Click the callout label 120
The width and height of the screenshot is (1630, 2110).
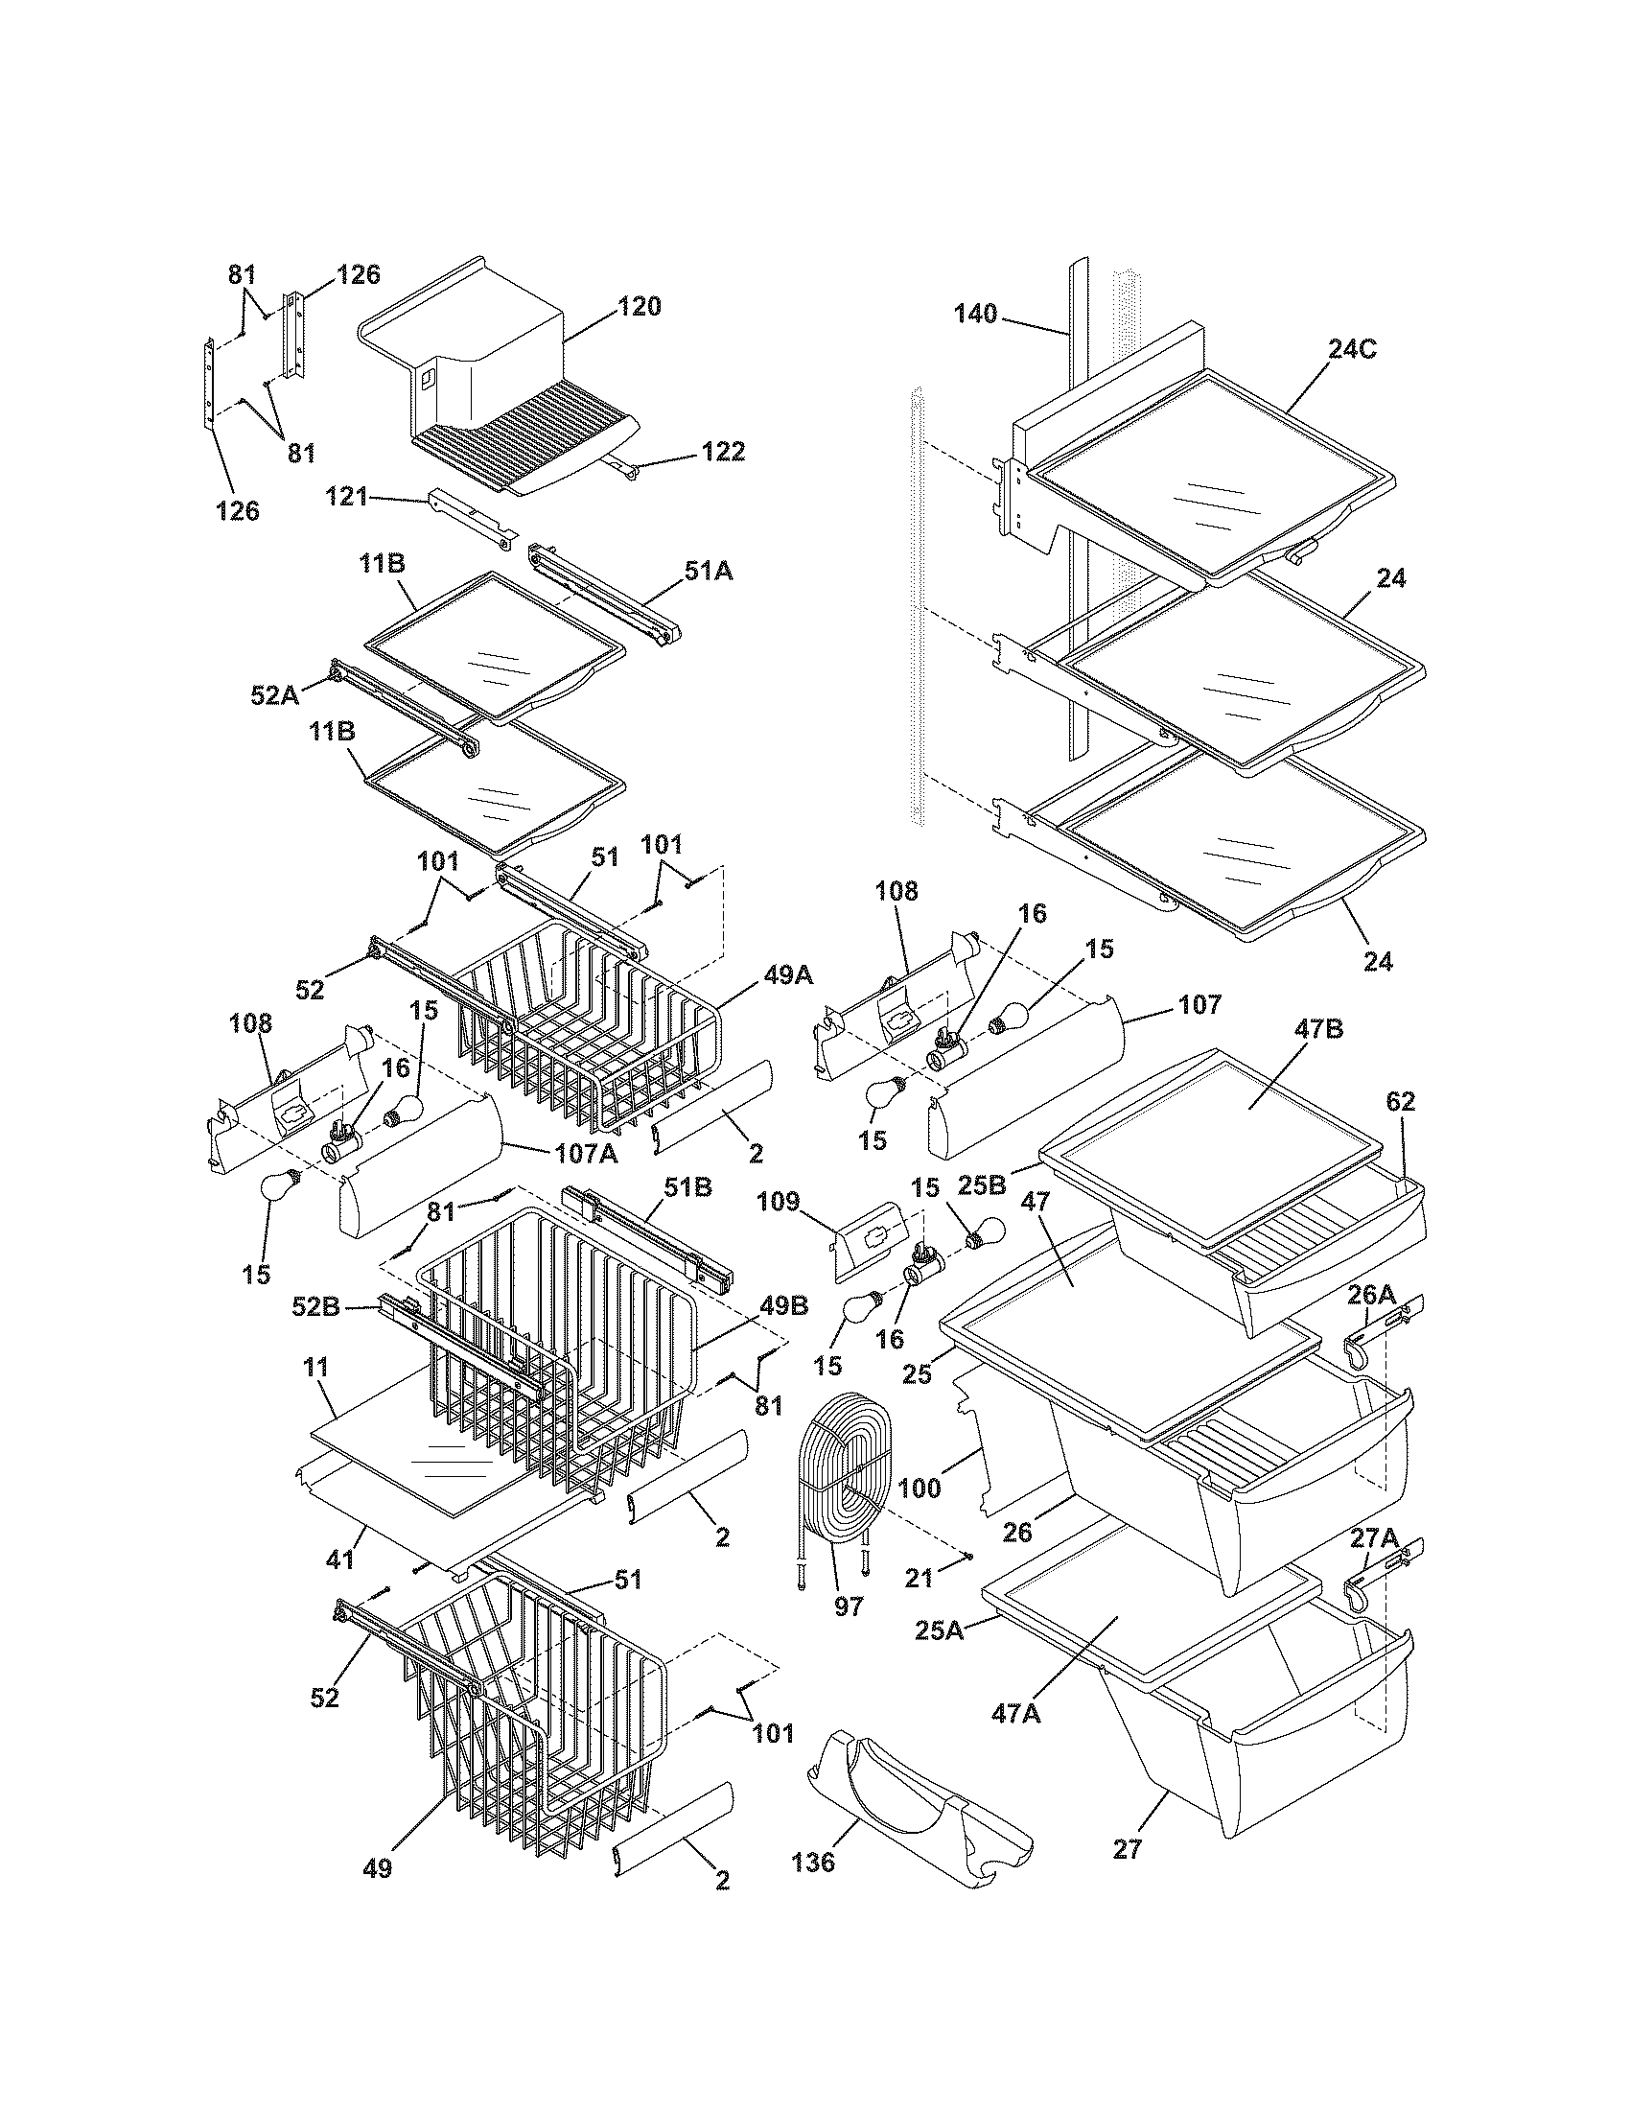tap(640, 307)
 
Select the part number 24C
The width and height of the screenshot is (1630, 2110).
tap(1352, 350)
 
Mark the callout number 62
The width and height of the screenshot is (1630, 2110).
tap(1400, 1101)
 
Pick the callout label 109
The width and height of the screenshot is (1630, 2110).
tap(779, 1202)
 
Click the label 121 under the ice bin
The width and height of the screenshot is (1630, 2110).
tap(347, 497)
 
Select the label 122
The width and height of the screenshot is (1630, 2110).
tap(723, 452)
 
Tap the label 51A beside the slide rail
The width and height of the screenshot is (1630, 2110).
tap(709, 572)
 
